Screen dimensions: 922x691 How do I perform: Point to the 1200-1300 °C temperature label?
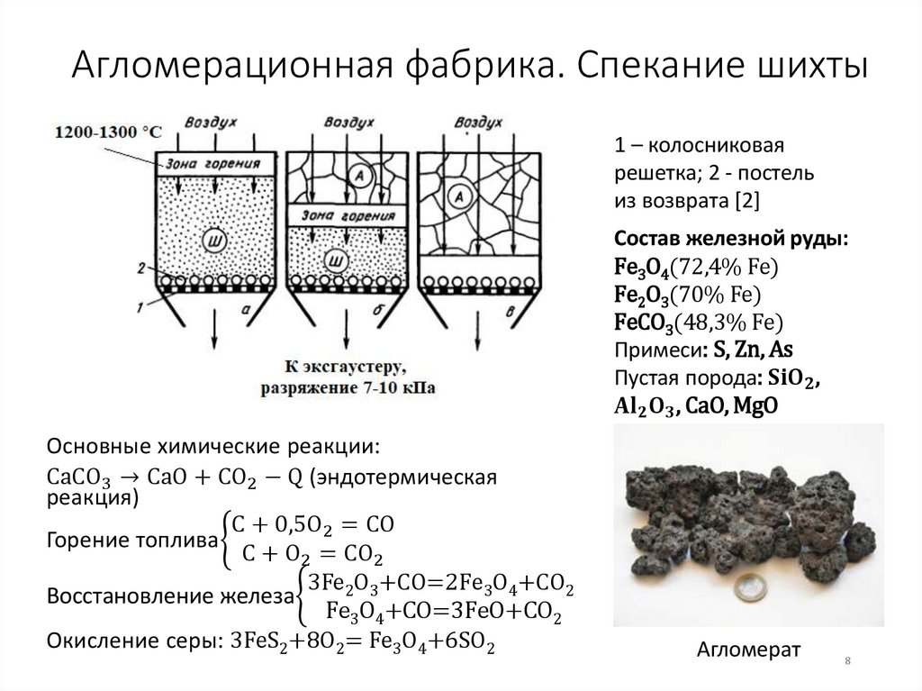pyautogui.click(x=109, y=132)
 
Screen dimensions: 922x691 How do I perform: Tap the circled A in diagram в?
pyautogui.click(x=460, y=195)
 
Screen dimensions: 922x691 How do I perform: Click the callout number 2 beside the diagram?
pyautogui.click(x=140, y=268)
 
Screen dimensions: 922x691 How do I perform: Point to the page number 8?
pyautogui.click(x=847, y=663)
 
